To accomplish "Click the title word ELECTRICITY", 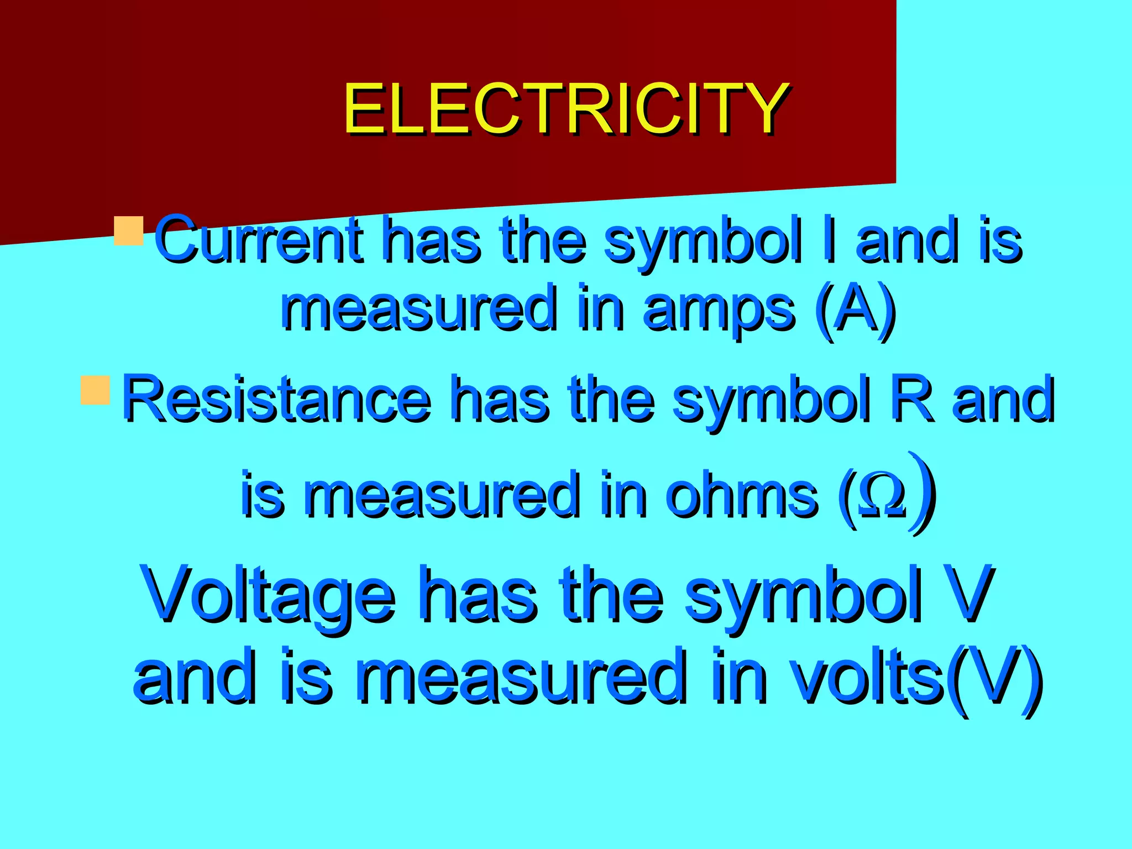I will point(565,109).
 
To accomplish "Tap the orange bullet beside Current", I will point(129,230).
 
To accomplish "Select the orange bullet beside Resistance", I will point(95,390).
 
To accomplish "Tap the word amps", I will point(718,308).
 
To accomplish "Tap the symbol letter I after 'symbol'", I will point(827,239).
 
